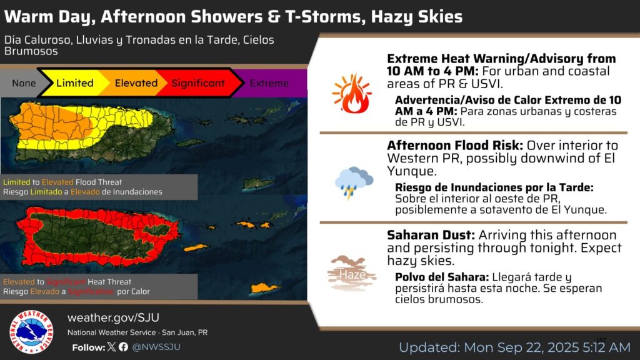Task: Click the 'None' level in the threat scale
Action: [24, 83]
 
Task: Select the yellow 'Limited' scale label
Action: [75, 83]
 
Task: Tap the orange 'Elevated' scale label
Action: [136, 83]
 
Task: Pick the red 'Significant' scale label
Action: [198, 83]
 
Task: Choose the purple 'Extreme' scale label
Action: [269, 83]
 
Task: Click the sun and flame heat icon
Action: [352, 94]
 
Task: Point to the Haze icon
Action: [352, 273]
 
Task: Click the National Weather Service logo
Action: [31, 331]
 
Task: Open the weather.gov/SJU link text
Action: [114, 317]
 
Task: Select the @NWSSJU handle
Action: [156, 347]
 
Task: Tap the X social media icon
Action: [111, 347]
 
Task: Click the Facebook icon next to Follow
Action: [123, 347]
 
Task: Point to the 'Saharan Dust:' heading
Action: [431, 235]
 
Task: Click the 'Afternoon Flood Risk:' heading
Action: [455, 146]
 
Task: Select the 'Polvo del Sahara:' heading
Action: [442, 277]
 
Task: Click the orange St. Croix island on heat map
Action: [265, 288]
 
